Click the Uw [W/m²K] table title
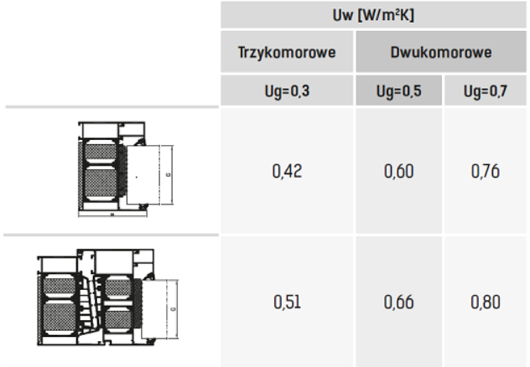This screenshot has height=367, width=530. click(373, 16)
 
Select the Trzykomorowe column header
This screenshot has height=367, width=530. click(287, 52)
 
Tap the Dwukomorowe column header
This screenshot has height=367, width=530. click(441, 52)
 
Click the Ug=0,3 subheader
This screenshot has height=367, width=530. click(287, 91)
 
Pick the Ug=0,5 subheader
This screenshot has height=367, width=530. click(399, 91)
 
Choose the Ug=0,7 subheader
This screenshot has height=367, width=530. click(486, 91)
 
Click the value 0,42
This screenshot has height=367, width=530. click(287, 171)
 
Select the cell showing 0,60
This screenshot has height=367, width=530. click(399, 171)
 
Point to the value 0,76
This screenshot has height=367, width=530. click(486, 171)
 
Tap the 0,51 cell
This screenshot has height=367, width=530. click(287, 302)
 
